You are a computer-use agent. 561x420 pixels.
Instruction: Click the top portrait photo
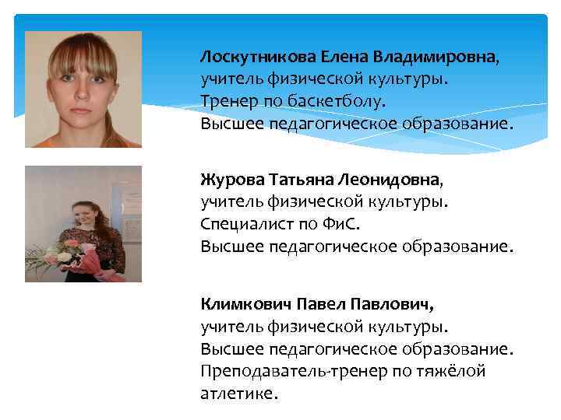click(x=83, y=89)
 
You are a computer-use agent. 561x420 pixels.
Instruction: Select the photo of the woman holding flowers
click(x=83, y=224)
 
